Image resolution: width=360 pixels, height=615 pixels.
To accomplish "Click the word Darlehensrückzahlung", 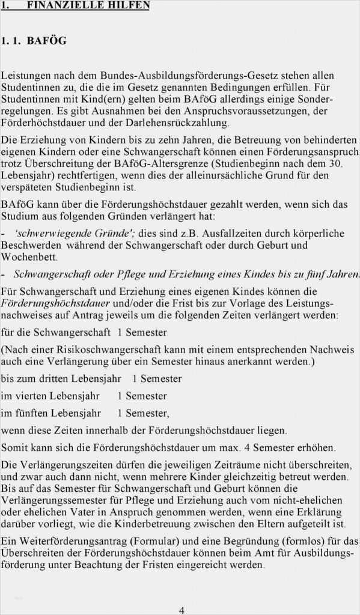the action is click(x=182, y=123).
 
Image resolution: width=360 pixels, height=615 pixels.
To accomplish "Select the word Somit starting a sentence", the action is click(x=15, y=447).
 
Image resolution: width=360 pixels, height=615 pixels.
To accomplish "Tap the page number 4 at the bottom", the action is click(x=182, y=610).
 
